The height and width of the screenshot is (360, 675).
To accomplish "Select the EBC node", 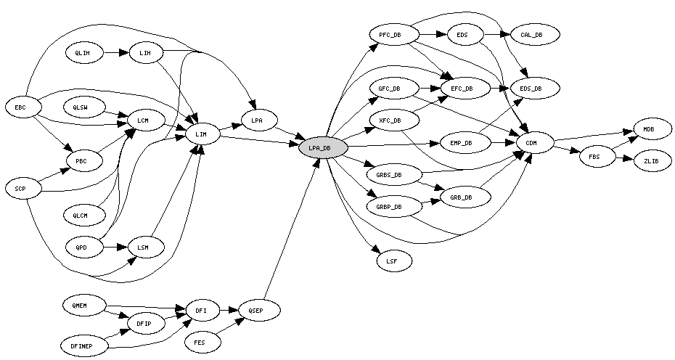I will point(20,107).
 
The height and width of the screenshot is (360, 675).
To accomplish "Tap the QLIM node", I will point(83,53).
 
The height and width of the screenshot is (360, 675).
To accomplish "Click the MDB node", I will point(648,129).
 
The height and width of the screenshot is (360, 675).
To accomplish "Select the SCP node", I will point(20,189).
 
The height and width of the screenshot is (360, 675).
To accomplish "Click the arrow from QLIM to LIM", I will point(115,53).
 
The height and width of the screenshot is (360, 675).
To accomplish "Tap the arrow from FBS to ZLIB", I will point(623,158).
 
